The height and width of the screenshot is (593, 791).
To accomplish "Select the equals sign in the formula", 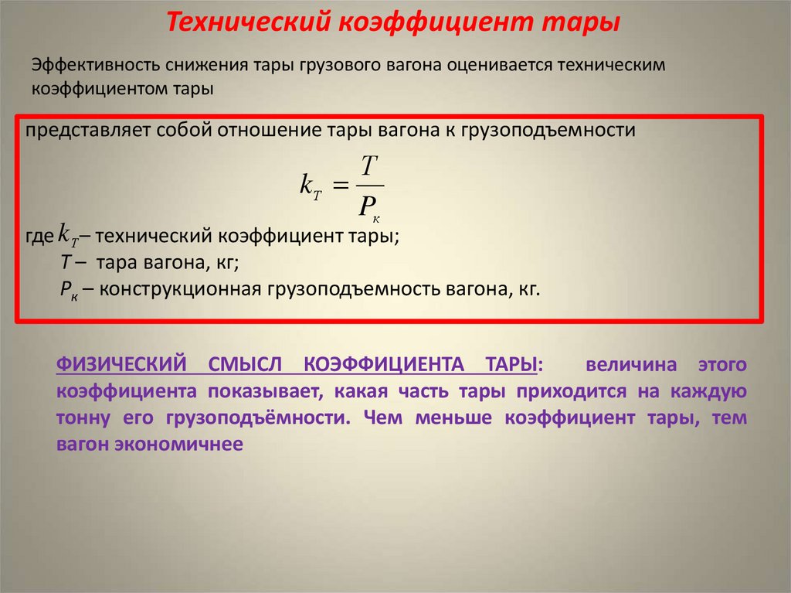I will tap(341, 186).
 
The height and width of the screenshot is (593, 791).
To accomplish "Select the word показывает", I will tap(266, 392).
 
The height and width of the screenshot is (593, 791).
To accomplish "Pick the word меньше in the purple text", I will tap(459, 419).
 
